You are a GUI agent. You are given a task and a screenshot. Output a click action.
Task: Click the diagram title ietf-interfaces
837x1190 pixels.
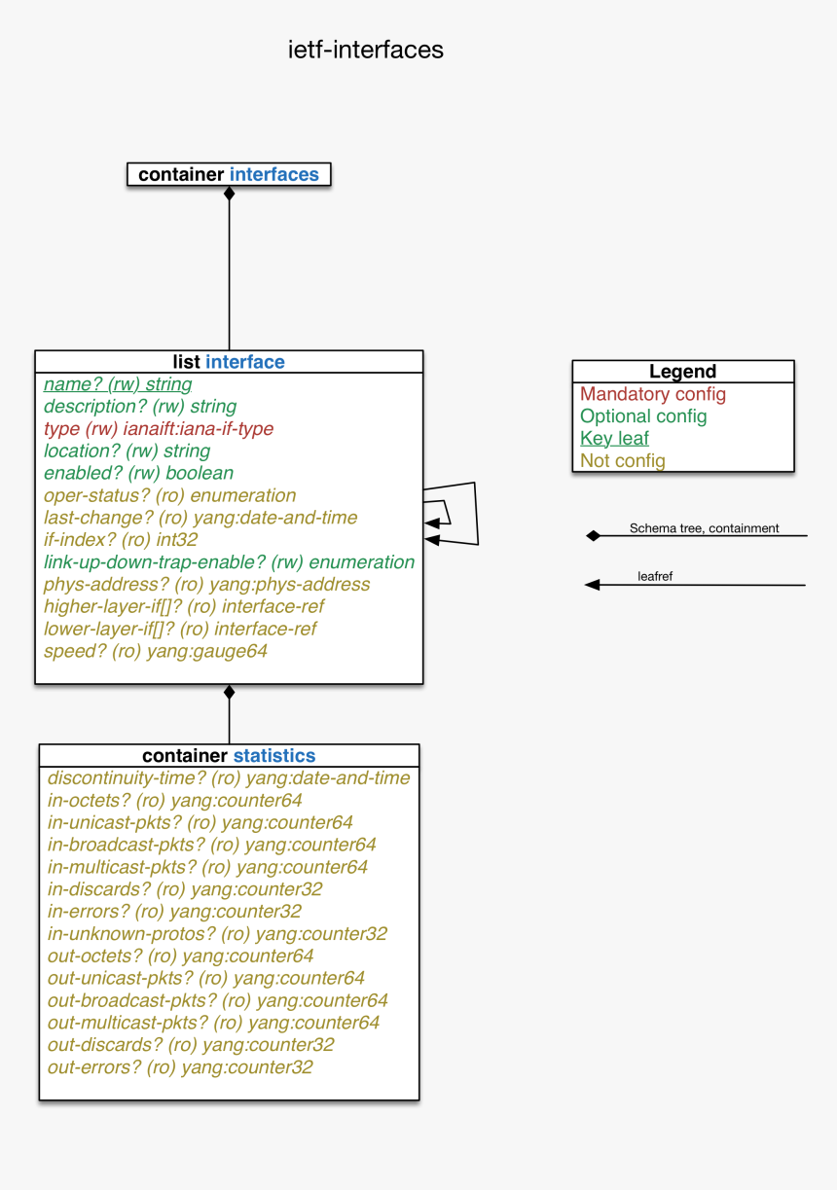(x=366, y=50)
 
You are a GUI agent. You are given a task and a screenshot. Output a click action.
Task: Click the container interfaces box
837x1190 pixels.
(x=229, y=175)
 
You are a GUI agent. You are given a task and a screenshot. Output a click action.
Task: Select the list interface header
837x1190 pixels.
(x=229, y=362)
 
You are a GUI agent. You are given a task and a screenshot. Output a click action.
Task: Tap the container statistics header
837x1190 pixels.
(x=229, y=756)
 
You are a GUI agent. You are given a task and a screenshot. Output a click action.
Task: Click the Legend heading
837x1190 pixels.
(x=682, y=372)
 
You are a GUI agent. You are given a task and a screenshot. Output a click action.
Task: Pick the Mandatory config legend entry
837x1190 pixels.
(x=653, y=394)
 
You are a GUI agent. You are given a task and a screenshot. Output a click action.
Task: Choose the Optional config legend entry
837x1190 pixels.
(x=643, y=416)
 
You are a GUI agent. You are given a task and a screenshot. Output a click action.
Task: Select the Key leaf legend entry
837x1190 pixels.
(x=614, y=439)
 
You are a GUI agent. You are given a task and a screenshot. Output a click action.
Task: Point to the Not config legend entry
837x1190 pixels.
(x=623, y=461)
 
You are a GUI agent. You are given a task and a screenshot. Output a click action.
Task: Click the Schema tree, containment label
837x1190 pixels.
(x=704, y=528)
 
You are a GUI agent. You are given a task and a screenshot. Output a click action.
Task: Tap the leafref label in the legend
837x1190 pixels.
(x=655, y=577)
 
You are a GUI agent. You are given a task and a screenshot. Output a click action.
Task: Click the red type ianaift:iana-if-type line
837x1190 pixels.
(x=159, y=429)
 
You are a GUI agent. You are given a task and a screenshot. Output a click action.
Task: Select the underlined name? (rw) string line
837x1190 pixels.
(x=118, y=384)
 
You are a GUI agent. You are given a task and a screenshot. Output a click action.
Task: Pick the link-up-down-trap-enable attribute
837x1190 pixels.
(x=229, y=562)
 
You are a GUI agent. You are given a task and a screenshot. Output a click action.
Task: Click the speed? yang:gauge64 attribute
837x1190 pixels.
(x=156, y=652)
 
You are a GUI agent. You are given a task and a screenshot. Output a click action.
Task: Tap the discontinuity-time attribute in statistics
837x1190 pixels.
(x=229, y=778)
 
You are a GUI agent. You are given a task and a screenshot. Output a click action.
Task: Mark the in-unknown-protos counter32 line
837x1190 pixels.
(x=217, y=934)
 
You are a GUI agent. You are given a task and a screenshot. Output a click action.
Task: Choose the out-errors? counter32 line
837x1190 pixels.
(x=180, y=1067)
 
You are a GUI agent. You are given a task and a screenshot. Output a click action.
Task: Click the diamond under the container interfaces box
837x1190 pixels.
(x=230, y=194)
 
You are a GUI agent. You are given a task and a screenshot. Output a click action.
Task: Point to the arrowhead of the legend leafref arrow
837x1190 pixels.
(x=592, y=585)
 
